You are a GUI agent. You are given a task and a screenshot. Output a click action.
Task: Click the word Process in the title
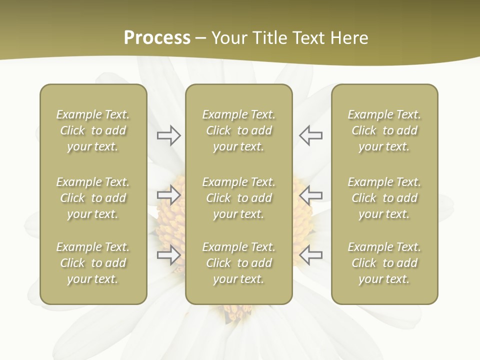(x=157, y=38)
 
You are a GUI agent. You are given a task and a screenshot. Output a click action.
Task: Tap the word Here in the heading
(x=349, y=38)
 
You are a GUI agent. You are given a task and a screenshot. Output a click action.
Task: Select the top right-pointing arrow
(x=168, y=135)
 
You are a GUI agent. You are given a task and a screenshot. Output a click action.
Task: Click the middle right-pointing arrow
(x=168, y=195)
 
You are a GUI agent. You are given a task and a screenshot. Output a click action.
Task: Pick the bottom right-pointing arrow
(x=168, y=255)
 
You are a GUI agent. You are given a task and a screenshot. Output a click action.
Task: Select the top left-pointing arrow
(x=311, y=135)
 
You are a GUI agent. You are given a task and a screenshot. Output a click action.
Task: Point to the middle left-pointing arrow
(x=311, y=195)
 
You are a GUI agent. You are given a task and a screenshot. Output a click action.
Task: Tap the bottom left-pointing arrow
(x=311, y=255)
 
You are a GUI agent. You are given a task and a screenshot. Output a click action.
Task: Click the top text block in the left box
(x=93, y=130)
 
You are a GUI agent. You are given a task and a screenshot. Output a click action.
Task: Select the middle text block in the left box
(x=93, y=198)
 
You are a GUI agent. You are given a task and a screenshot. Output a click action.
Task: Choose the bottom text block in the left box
(x=93, y=263)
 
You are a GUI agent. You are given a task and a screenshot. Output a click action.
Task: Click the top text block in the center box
(x=238, y=130)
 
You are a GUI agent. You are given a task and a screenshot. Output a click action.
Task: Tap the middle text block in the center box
(x=238, y=198)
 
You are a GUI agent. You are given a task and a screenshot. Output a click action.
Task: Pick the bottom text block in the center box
(x=238, y=263)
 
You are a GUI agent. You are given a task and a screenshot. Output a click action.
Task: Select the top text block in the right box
(x=384, y=130)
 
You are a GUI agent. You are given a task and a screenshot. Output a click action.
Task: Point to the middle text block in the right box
(x=384, y=198)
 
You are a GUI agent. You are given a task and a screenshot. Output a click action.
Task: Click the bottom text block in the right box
(x=384, y=263)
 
